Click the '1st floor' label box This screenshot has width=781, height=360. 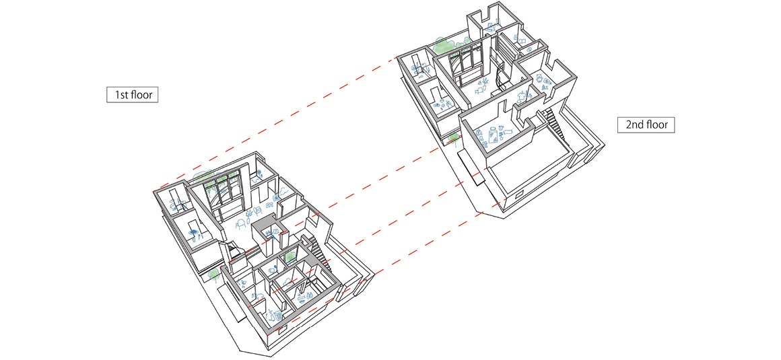[133, 95]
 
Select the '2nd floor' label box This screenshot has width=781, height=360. [646, 124]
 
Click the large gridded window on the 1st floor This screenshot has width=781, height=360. [223, 195]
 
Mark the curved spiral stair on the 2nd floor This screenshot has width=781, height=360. [500, 75]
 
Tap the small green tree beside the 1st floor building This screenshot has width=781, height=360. [213, 274]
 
